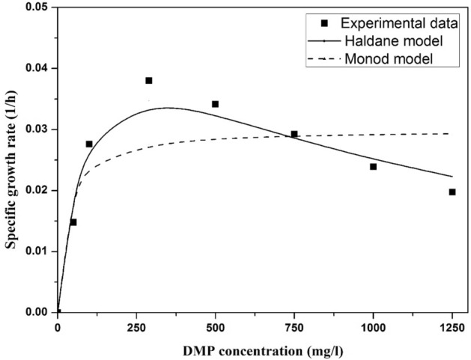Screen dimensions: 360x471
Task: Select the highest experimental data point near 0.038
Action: tap(149, 81)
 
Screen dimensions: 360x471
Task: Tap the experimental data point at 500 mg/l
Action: tap(216, 104)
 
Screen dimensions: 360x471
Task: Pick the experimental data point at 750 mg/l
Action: tap(294, 134)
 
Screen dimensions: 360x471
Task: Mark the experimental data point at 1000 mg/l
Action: tap(374, 166)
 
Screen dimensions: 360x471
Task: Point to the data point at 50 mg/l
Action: tap(73, 222)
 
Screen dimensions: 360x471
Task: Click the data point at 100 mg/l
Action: tap(89, 144)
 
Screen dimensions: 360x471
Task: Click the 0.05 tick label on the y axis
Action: tap(35, 7)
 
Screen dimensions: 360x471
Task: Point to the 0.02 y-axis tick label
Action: tap(35, 191)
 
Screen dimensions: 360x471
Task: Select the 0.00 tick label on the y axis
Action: tap(35, 312)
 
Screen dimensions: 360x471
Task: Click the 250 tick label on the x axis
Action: tap(136, 326)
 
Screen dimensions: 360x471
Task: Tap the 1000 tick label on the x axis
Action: tap(373, 326)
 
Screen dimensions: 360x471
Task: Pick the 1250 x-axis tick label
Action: tap(452, 326)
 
